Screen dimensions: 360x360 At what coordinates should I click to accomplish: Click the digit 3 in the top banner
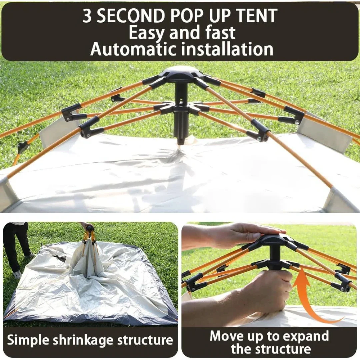(87, 16)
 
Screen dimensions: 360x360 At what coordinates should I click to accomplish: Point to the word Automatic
(133, 49)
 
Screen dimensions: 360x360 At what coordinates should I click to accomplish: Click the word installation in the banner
(227, 49)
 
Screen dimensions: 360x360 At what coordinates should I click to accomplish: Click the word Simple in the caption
(28, 340)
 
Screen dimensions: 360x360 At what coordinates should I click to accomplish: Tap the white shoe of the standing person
(18, 274)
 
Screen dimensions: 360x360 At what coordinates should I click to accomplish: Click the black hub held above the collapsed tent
(90, 228)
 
